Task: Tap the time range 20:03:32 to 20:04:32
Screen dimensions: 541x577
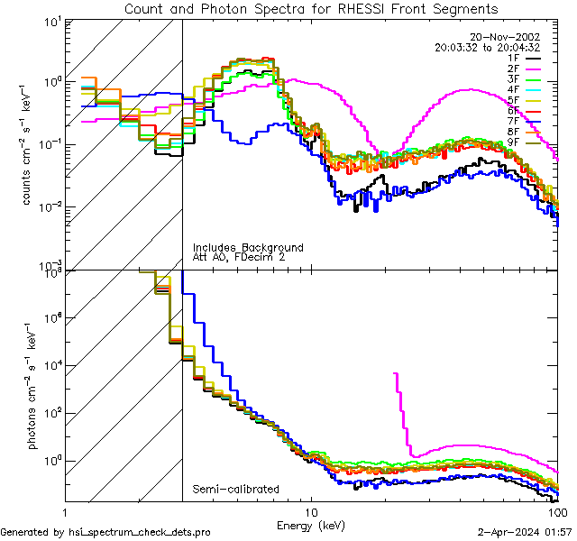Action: coord(487,47)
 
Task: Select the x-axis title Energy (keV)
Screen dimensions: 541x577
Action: coord(311,525)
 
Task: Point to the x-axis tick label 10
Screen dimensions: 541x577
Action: coord(311,511)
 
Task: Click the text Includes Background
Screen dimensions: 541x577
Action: coord(248,247)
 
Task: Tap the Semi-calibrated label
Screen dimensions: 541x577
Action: coord(235,490)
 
